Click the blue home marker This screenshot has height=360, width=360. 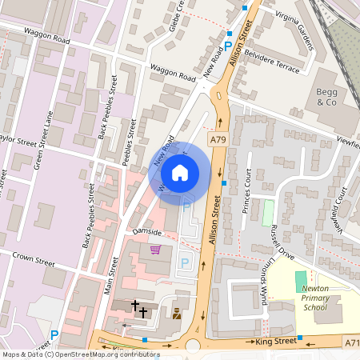click(180, 172)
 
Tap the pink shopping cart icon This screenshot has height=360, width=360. click(154, 250)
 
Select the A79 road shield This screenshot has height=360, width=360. click(218, 140)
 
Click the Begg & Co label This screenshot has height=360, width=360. click(327, 98)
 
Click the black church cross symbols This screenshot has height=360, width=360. click(138, 309)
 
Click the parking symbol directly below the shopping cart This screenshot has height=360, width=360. click(184, 262)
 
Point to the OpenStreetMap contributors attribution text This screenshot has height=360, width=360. click(80, 354)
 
